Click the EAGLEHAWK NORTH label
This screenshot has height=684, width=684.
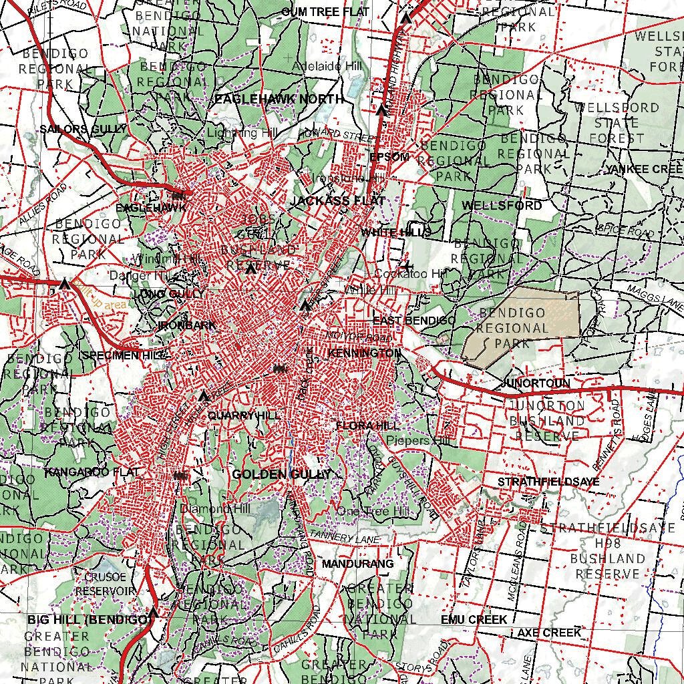(x=279, y=99)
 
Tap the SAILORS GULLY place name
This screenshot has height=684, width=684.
(x=83, y=129)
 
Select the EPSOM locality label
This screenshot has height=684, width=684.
(x=389, y=157)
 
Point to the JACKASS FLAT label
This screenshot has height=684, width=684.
(x=338, y=200)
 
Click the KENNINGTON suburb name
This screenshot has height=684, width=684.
(x=365, y=353)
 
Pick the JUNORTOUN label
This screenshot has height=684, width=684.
(x=534, y=383)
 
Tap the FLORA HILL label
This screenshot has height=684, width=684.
(x=367, y=425)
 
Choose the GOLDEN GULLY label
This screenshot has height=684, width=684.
(x=281, y=474)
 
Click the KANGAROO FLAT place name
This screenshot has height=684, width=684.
(x=92, y=472)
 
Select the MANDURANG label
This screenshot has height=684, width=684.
(x=357, y=564)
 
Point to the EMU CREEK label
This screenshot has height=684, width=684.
(x=474, y=620)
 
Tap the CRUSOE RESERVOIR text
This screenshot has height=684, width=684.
(x=105, y=584)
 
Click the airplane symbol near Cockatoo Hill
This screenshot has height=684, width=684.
(x=409, y=267)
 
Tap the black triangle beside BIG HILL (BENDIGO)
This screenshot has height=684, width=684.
(x=154, y=613)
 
